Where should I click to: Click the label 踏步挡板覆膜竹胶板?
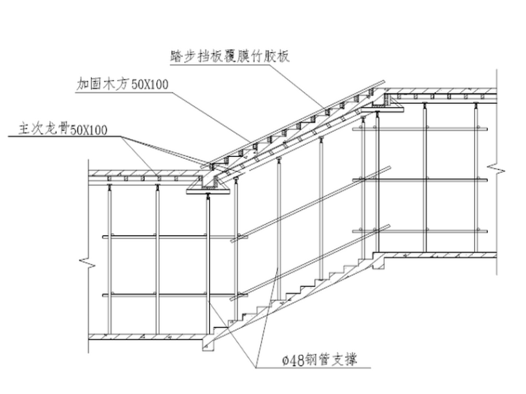tap(228, 56)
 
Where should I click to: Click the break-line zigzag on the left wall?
tap(88, 263)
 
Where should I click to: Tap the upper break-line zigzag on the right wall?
tap(496, 169)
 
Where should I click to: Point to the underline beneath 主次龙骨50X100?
tap(62, 137)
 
